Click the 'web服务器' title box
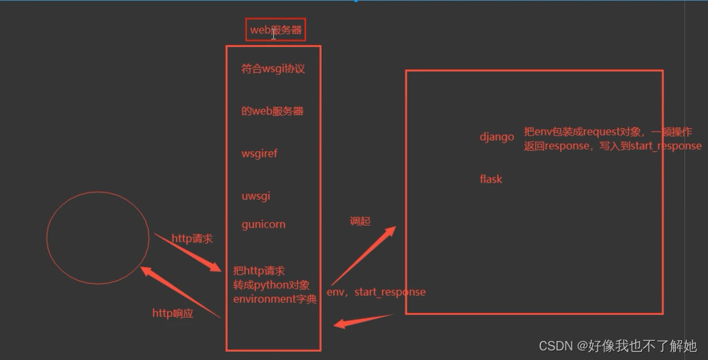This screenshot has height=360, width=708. point(275,30)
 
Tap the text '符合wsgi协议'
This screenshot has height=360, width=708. point(273,69)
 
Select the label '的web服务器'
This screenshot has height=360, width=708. point(272,111)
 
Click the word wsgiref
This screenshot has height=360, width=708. point(259,153)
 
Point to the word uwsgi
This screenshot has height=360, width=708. point(256,196)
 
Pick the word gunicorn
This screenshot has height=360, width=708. point(263,224)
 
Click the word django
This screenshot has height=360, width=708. point(497,137)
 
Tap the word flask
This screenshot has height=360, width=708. point(491,179)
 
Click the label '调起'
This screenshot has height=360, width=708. point(360,222)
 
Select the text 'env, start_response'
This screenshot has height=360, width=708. point(376,292)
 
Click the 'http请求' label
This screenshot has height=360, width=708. point(192,239)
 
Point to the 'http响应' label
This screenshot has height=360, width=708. point(172,314)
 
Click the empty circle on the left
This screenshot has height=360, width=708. point(97,237)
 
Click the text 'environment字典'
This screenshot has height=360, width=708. point(275,299)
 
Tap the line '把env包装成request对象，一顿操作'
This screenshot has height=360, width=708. point(608,132)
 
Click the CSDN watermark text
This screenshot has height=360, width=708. point(617,346)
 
